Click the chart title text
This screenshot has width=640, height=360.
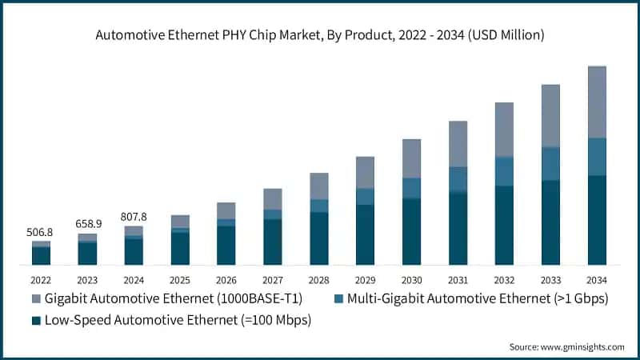point(319,34)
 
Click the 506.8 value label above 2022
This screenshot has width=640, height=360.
point(41,232)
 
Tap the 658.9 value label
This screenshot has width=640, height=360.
point(87,224)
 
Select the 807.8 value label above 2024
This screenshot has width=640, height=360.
point(134,217)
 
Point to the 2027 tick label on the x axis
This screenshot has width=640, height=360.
point(273,280)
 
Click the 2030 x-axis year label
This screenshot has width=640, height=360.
point(411,280)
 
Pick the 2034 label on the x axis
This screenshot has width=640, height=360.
point(597,280)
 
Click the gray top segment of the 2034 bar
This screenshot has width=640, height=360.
point(597,102)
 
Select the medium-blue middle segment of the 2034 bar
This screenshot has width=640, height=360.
point(597,157)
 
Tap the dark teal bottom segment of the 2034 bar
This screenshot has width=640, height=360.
point(597,220)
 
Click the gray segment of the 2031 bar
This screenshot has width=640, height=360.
point(458,144)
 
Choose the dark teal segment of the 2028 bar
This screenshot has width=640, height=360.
point(319,238)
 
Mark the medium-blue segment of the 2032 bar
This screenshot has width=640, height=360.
point(504,171)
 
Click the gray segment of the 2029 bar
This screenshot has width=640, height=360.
point(365,172)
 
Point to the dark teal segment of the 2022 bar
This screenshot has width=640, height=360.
point(41,256)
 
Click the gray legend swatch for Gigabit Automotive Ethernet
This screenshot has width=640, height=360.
point(35,300)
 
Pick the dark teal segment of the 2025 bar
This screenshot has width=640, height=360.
point(180,249)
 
